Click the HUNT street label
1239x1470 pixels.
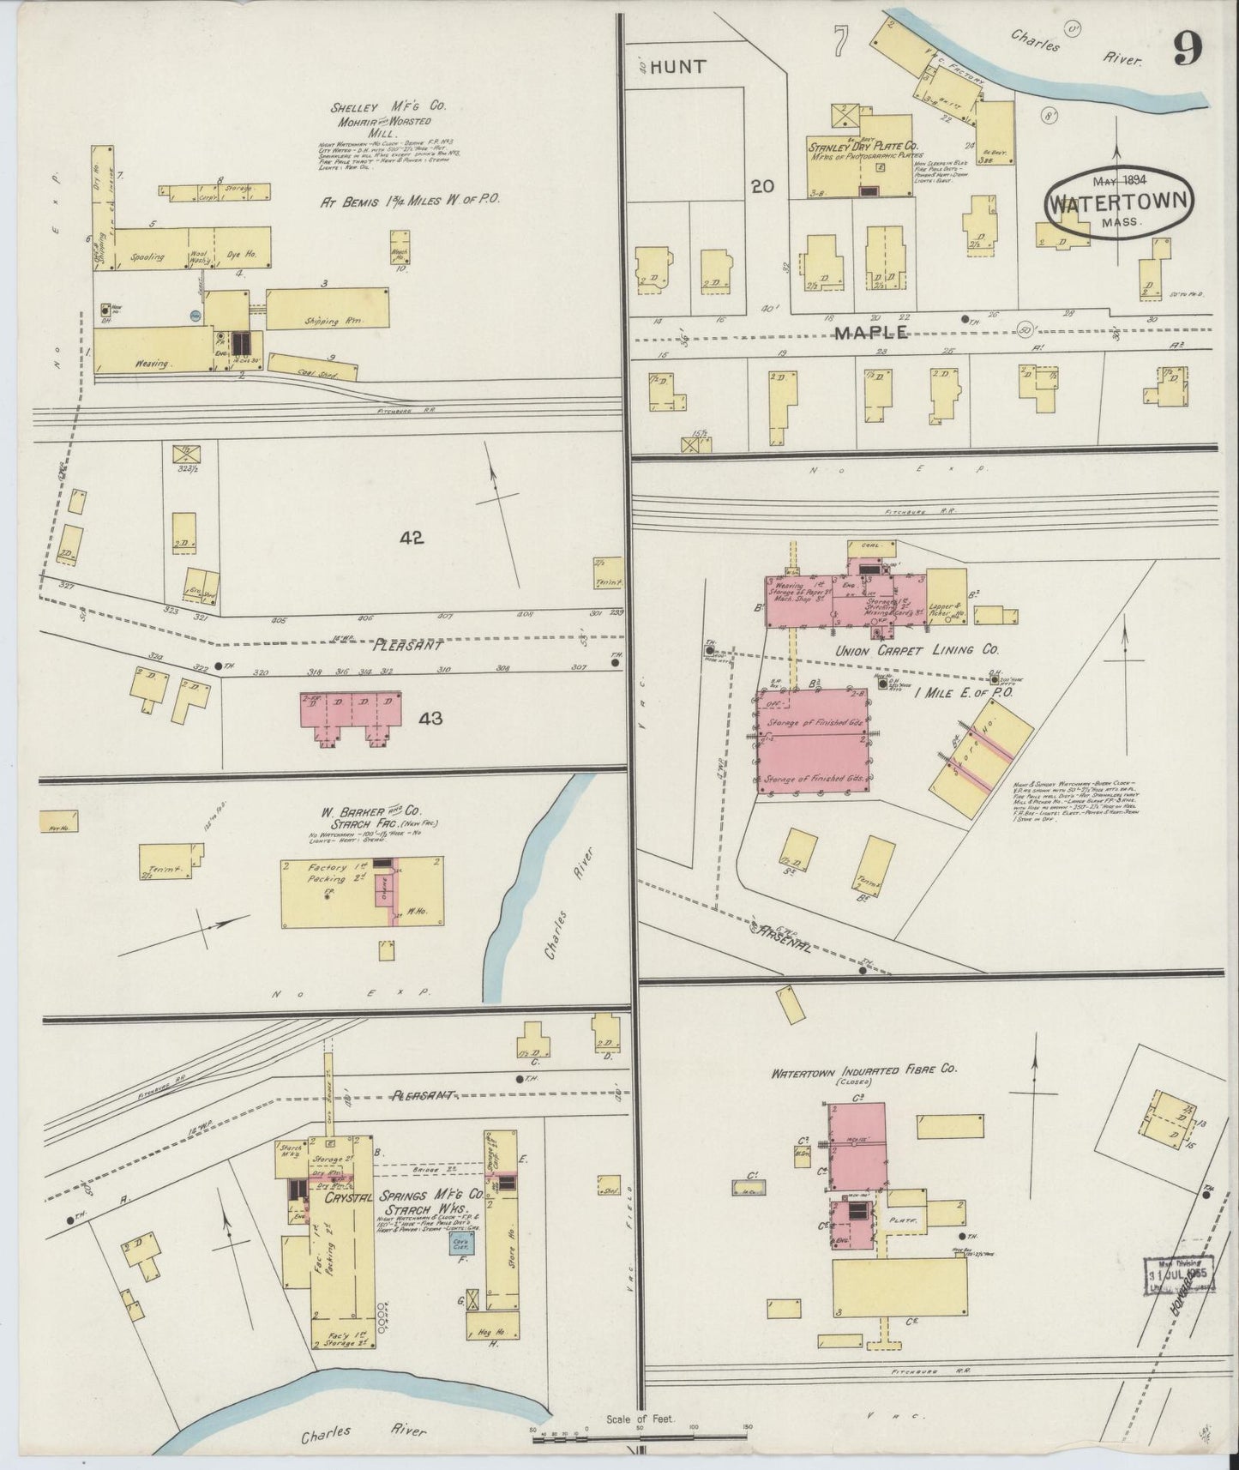[677, 67]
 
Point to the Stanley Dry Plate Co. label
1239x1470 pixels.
[863, 147]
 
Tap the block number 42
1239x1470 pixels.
[411, 538]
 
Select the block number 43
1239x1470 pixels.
[430, 718]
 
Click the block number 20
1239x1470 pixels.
[763, 186]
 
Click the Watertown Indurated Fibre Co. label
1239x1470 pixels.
[863, 1071]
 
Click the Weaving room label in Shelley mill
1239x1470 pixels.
[153, 364]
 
